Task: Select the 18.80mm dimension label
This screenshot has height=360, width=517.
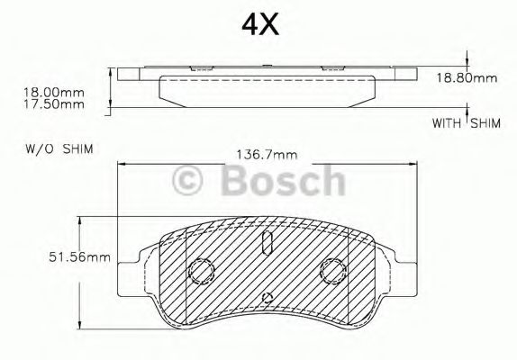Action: click(467, 78)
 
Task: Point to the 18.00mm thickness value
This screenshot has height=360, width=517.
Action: click(53, 91)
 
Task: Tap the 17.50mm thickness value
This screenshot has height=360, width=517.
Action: click(53, 103)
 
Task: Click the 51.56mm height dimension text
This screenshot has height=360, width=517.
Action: click(79, 257)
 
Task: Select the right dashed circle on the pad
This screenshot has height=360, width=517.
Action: click(334, 269)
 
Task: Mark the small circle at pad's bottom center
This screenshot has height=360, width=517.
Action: click(267, 298)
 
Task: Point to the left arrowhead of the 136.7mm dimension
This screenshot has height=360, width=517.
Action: click(121, 165)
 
